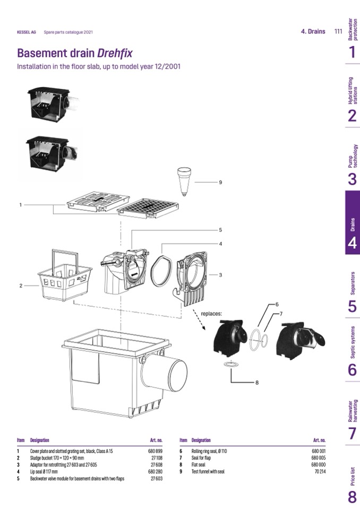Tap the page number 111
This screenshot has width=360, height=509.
(338, 31)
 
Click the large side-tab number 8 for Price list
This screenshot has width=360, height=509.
(353, 497)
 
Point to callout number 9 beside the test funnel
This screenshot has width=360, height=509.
(220, 183)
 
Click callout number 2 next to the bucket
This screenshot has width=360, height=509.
(21, 286)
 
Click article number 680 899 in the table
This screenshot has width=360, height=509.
(155, 451)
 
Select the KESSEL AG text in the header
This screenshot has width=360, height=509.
(27, 32)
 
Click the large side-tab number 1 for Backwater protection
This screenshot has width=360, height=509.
(353, 52)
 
